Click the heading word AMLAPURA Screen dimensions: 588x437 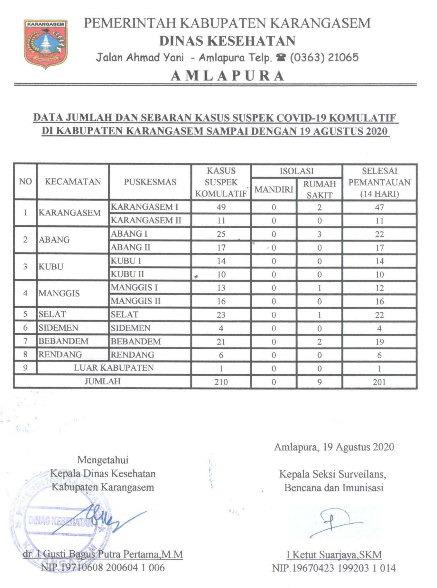click(x=227, y=76)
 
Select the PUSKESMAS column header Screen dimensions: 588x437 click(x=150, y=182)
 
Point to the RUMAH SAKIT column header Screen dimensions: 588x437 click(x=319, y=189)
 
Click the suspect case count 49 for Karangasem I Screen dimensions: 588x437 click(x=221, y=207)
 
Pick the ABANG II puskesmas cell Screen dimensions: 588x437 click(x=131, y=247)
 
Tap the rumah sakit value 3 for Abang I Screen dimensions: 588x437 click(x=319, y=234)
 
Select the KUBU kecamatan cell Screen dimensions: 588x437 click(x=51, y=267)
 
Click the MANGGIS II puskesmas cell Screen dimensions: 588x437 click(x=135, y=301)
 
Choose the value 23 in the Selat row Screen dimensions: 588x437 click(x=221, y=315)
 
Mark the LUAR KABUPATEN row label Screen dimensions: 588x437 click(x=114, y=368)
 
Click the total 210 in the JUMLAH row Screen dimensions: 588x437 click(x=221, y=382)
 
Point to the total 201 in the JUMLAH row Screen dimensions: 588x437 click(x=379, y=382)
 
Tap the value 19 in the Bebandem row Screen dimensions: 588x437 click(x=379, y=342)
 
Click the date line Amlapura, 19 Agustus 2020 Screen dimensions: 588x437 click(x=334, y=447)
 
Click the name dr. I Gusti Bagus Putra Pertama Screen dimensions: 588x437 click(x=103, y=554)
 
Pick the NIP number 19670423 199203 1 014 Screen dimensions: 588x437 click(x=334, y=568)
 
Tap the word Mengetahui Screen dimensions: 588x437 click(x=103, y=460)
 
